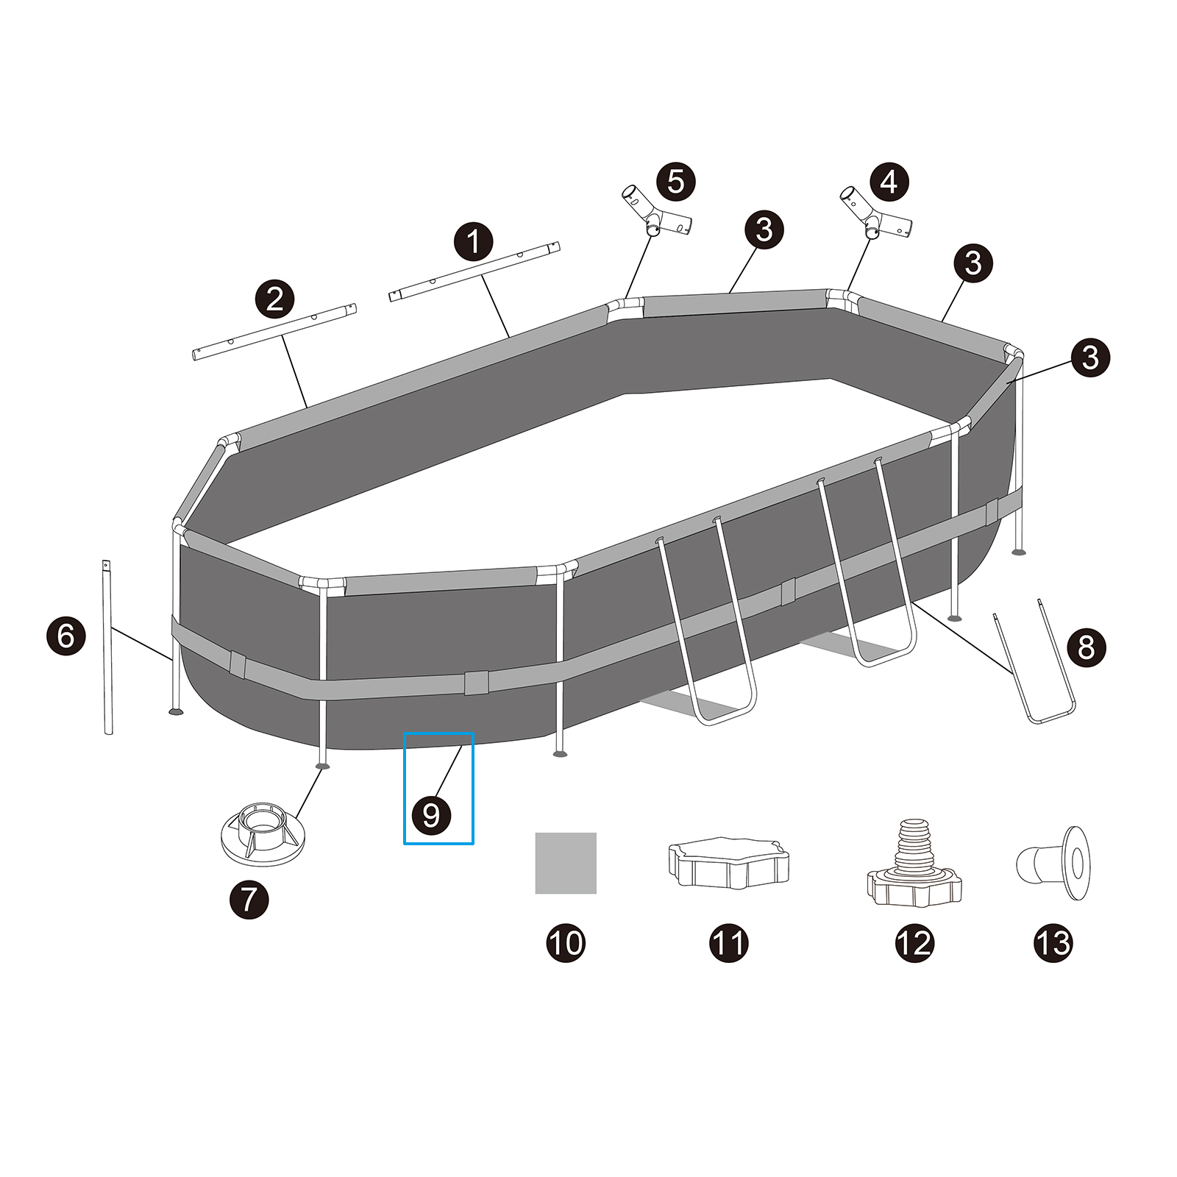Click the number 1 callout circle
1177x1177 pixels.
(x=473, y=242)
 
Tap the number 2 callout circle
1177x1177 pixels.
(x=274, y=299)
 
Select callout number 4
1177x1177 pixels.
(x=889, y=182)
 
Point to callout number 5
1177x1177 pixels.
(x=675, y=182)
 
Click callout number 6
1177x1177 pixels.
(x=66, y=636)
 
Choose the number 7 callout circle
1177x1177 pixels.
(x=249, y=899)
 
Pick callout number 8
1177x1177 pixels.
(x=1086, y=647)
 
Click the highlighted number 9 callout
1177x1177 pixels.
(x=432, y=814)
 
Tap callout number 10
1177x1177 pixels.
(x=566, y=943)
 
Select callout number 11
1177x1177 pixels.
(x=729, y=943)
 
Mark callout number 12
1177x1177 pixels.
(x=914, y=943)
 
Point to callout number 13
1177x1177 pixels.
(x=1053, y=943)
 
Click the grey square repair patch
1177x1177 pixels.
(x=566, y=863)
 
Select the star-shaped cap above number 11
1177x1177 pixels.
(x=729, y=863)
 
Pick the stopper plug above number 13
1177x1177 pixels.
(x=1053, y=862)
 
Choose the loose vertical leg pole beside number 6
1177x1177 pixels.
(x=107, y=647)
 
